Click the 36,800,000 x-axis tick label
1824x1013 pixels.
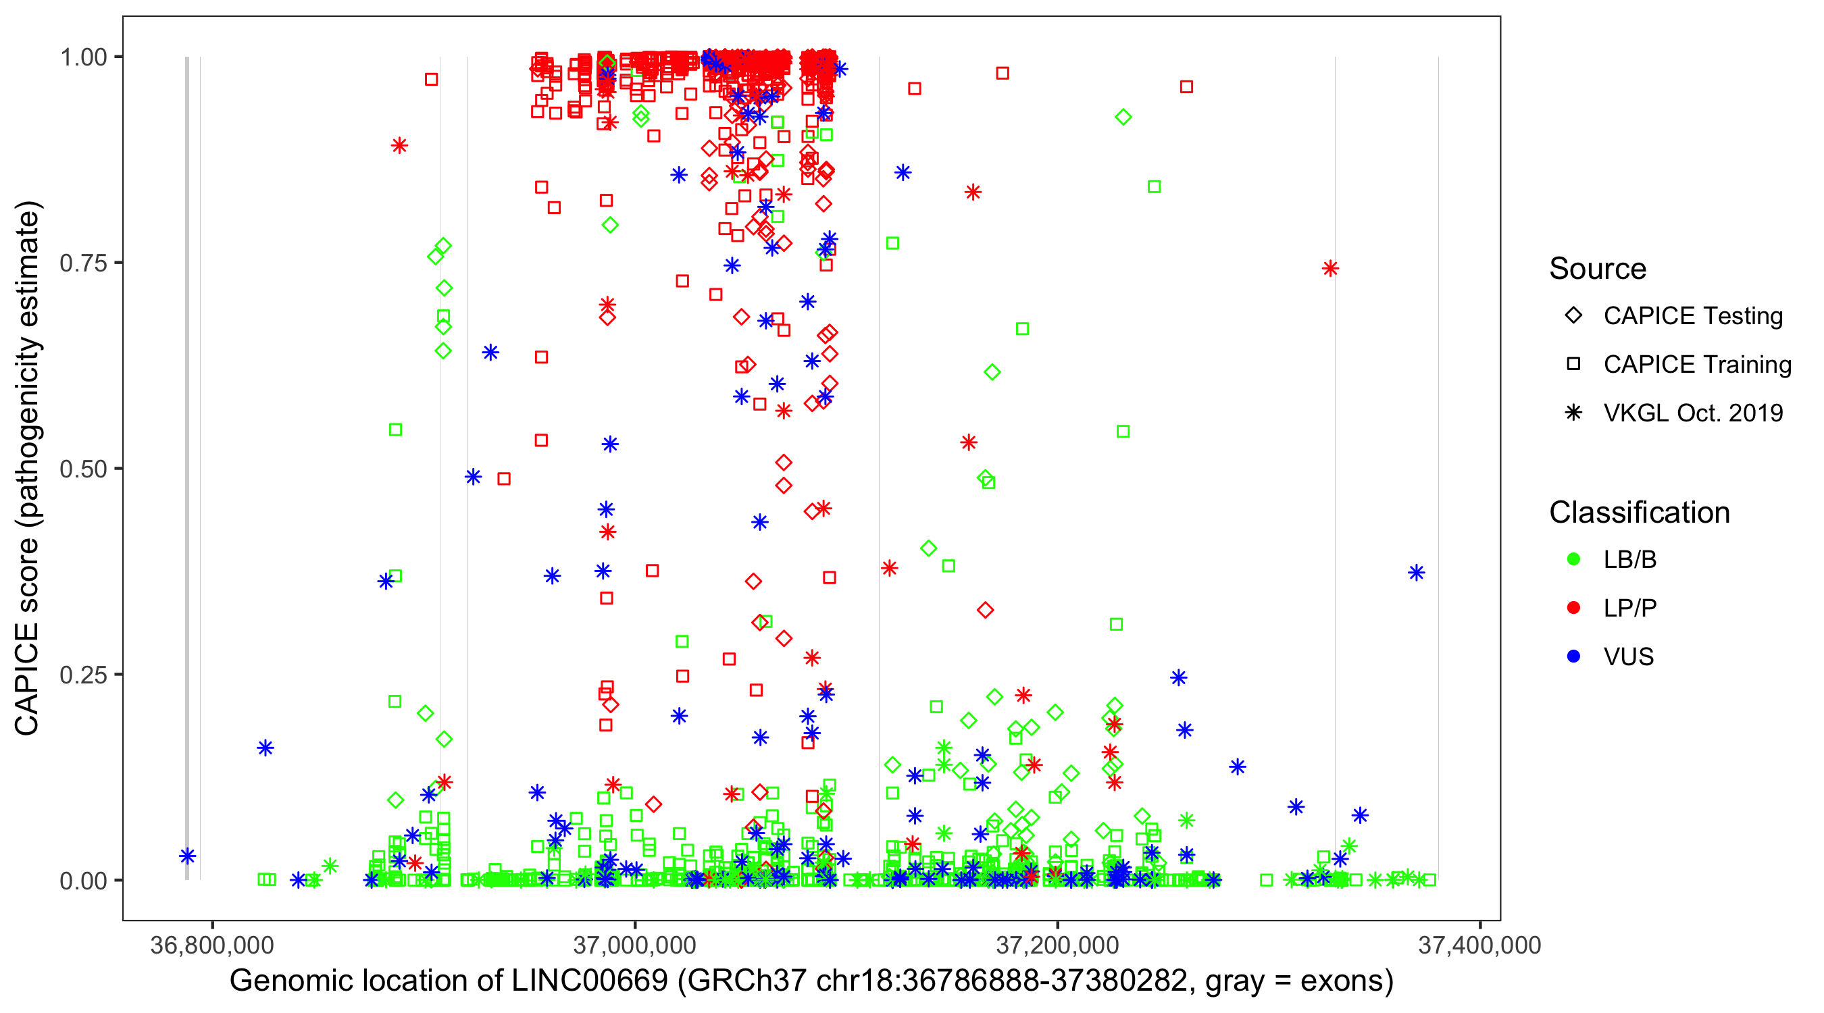211,945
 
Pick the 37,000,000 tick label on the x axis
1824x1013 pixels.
634,945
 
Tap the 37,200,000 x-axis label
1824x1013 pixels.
1057,945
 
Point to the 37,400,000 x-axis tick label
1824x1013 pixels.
1479,945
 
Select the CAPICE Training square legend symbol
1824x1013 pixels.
1573,365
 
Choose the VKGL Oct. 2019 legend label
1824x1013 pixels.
1693,413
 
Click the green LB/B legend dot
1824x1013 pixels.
1573,559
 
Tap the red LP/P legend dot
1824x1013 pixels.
1573,608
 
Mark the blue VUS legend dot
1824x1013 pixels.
1573,657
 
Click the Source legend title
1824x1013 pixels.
1598,269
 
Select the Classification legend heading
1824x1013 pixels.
1639,513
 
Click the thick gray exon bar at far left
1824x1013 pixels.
187,467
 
